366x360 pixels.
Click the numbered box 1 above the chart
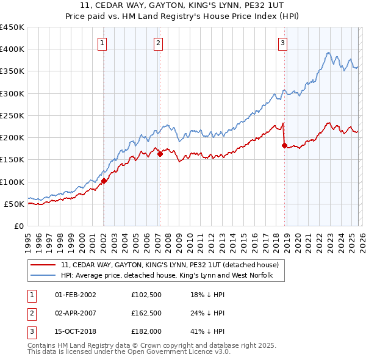point(102,43)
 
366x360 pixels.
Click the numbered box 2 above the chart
point(158,43)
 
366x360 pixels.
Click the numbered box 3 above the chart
point(283,43)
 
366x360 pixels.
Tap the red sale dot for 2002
point(104,181)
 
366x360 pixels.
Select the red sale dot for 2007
point(160,154)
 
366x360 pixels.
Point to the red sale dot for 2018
point(284,145)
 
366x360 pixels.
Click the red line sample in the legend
point(43,265)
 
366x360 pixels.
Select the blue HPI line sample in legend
point(43,276)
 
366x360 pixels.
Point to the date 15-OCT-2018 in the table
point(76,331)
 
